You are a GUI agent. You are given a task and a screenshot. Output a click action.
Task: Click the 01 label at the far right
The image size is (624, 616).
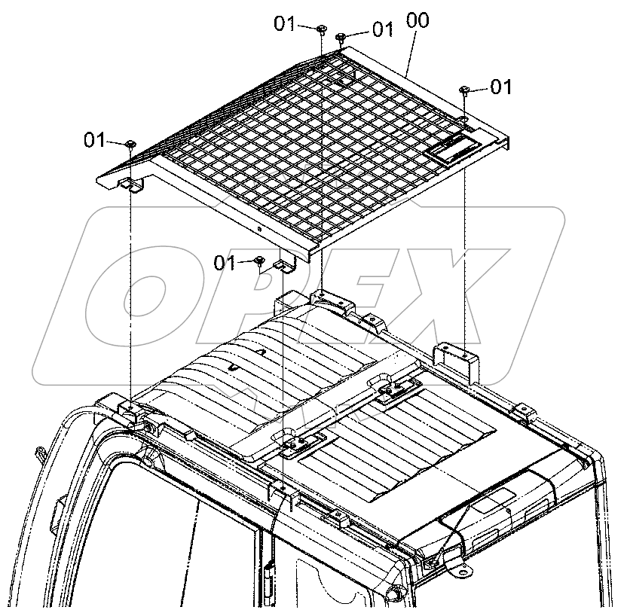[500, 87]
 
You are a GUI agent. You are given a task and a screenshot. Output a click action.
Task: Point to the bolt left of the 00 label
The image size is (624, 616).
[341, 36]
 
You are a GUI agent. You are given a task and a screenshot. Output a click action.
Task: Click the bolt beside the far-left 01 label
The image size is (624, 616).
[130, 143]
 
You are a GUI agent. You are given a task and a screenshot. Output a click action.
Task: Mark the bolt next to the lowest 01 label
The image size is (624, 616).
[258, 261]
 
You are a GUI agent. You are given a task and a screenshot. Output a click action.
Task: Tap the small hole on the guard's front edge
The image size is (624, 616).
[258, 229]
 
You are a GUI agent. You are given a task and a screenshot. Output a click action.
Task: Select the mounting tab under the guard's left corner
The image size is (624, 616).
[132, 184]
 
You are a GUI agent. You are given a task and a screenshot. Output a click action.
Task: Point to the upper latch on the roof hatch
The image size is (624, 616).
[395, 389]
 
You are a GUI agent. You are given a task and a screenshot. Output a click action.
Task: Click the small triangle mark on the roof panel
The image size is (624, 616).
[261, 352]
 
